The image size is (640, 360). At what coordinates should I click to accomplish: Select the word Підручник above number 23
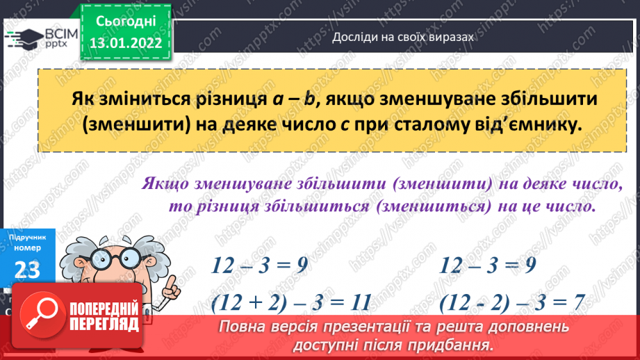(27, 237)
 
